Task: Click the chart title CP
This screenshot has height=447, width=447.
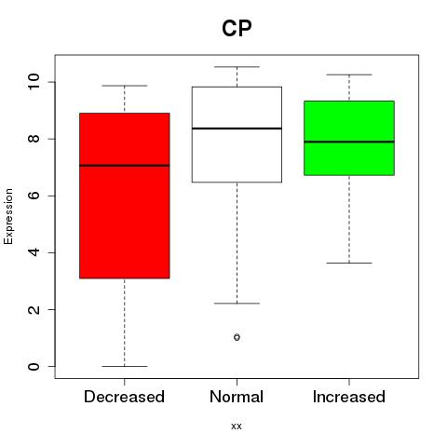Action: (x=237, y=29)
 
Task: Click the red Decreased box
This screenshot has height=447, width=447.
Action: (x=125, y=196)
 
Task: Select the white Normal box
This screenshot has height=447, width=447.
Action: (x=237, y=134)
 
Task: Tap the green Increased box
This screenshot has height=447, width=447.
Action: (x=349, y=138)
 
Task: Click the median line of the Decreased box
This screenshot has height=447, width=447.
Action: (x=125, y=166)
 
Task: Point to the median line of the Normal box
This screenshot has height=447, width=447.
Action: (x=237, y=129)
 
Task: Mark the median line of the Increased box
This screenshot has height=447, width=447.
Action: (x=349, y=142)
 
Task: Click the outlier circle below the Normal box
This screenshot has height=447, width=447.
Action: (x=237, y=337)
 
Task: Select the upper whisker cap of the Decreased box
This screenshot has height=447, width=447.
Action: (x=125, y=86)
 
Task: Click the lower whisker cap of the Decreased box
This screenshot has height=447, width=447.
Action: (x=125, y=366)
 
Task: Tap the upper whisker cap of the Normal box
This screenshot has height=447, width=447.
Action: (x=237, y=67)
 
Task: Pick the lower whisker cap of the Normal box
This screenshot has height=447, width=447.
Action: (x=237, y=304)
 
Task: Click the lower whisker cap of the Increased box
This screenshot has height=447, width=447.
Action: (x=349, y=263)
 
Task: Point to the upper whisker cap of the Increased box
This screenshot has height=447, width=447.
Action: (x=349, y=74)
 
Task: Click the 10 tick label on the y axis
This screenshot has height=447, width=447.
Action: (x=34, y=82)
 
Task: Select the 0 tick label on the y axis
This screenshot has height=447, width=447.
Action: (x=34, y=366)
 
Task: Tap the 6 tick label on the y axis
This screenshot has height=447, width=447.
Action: (x=34, y=196)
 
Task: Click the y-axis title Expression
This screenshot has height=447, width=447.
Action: (x=8, y=216)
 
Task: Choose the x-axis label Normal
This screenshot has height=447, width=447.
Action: (x=237, y=397)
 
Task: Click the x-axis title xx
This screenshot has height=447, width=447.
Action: (x=237, y=427)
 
